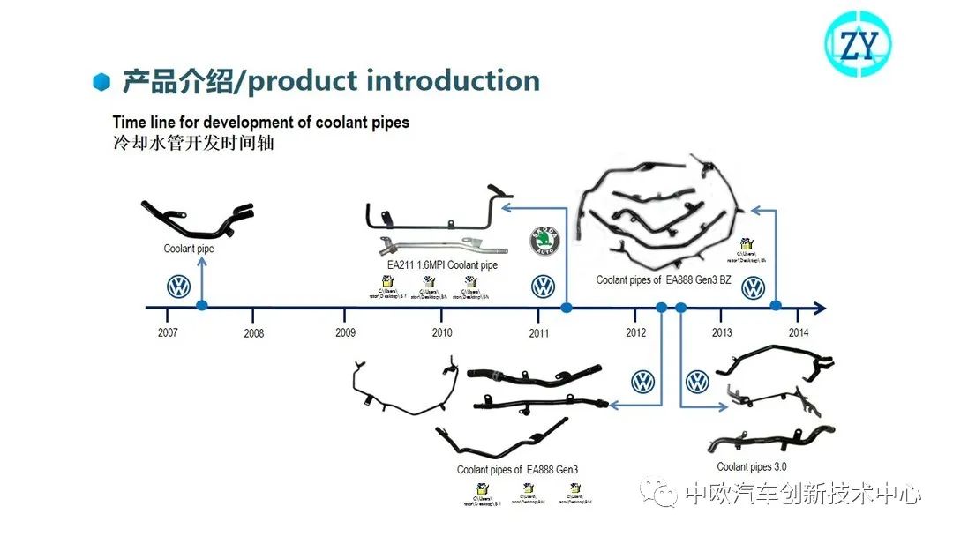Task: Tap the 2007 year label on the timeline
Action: (x=168, y=333)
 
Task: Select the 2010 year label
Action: (x=442, y=333)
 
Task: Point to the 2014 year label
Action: (x=798, y=333)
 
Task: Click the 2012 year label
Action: (x=635, y=333)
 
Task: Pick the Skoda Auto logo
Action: (x=544, y=242)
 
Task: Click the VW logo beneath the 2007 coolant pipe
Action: (x=179, y=287)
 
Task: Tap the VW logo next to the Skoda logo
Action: (x=543, y=287)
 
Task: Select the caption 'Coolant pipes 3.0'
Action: (x=752, y=467)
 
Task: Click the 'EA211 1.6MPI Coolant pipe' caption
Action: (x=442, y=265)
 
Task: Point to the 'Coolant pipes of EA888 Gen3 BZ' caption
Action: (x=664, y=280)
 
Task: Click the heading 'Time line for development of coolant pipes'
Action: (x=261, y=123)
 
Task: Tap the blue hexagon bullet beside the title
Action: (x=102, y=82)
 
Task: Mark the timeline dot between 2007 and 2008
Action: (x=202, y=306)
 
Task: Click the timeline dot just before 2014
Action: (x=776, y=306)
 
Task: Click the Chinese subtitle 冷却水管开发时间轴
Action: (x=193, y=143)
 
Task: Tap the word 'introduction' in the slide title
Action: (x=453, y=81)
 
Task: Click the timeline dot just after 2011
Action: (x=567, y=307)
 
